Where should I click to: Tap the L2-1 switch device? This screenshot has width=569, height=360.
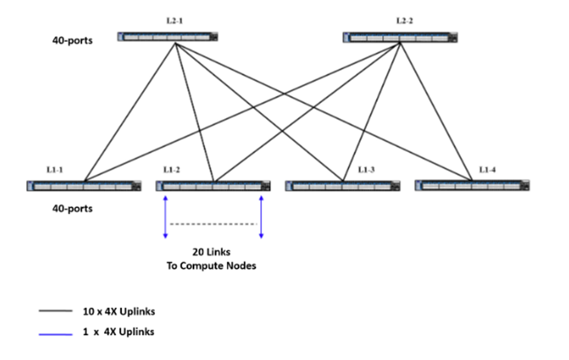(167, 37)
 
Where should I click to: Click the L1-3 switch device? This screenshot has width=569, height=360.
(342, 186)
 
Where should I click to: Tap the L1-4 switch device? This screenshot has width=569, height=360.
(472, 185)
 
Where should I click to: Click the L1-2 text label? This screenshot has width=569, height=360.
(172, 170)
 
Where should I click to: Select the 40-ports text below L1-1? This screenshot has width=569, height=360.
(72, 209)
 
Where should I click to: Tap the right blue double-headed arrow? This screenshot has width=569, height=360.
(261, 217)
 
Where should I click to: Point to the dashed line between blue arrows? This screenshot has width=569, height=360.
(213, 224)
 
